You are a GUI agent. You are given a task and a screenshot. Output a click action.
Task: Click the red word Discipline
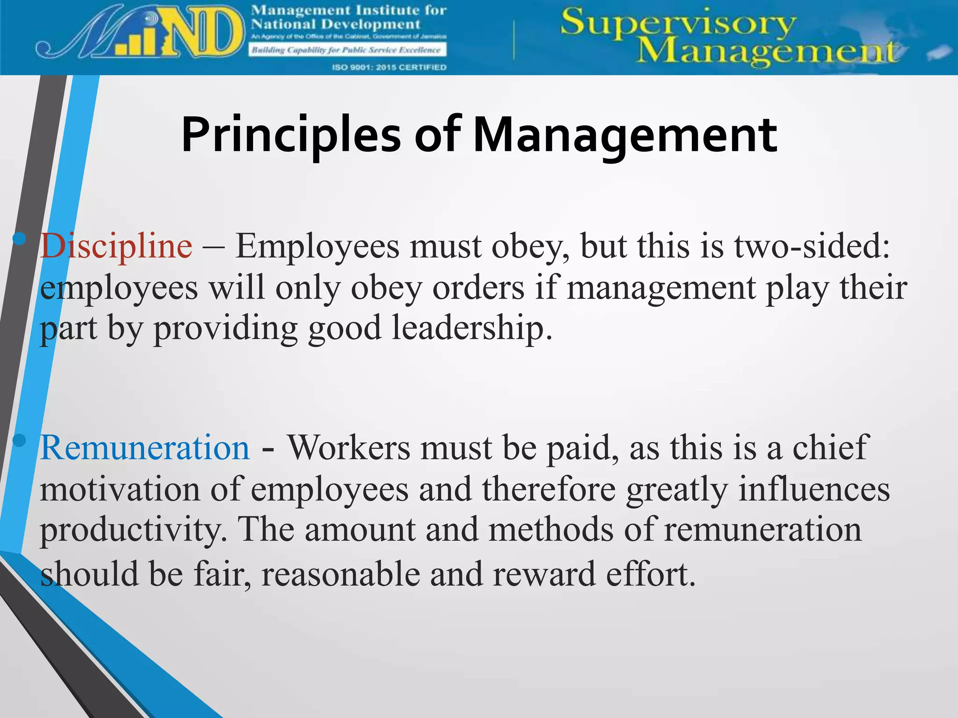[x=116, y=246]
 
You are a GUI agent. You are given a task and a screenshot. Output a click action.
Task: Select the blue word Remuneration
[x=145, y=448]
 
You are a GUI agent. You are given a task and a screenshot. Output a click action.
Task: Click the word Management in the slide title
[x=625, y=135]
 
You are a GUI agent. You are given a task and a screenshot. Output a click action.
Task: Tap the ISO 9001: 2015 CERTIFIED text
[x=389, y=67]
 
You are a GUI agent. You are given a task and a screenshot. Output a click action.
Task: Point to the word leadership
[x=472, y=328]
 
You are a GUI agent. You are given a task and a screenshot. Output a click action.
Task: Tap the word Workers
[x=348, y=448]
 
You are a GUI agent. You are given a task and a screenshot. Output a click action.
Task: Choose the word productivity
[x=133, y=530]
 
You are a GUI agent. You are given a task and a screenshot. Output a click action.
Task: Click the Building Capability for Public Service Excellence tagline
[x=347, y=50]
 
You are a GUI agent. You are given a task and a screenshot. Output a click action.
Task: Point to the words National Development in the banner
[x=336, y=24]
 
